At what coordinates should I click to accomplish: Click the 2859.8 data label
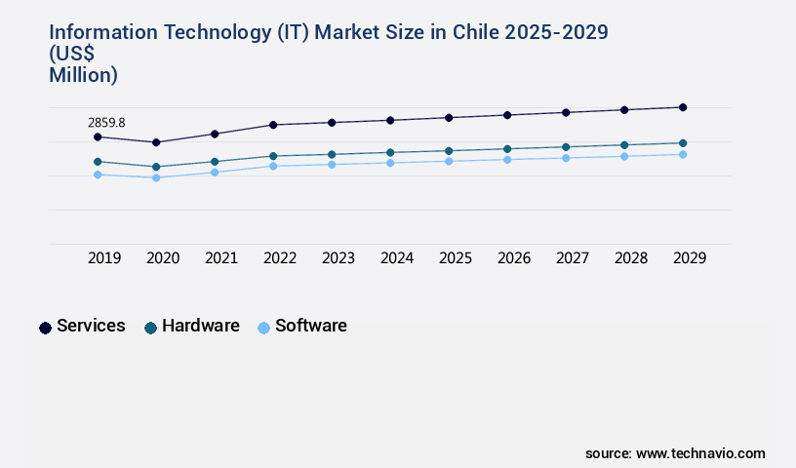click(x=106, y=123)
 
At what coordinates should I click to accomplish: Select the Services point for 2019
click(x=98, y=136)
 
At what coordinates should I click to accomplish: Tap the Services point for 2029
click(x=683, y=107)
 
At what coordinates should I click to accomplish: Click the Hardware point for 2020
click(x=156, y=167)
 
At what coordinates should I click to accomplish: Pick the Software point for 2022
click(x=273, y=166)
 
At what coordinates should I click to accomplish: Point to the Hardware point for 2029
click(x=683, y=143)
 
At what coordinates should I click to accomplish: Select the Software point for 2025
click(x=449, y=161)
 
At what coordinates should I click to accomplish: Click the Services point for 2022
click(x=273, y=125)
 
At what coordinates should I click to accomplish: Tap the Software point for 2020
click(x=156, y=177)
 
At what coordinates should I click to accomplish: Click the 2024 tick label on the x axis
click(x=397, y=258)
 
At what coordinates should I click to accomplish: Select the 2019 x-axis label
click(x=104, y=258)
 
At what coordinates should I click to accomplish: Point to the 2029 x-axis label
click(x=690, y=258)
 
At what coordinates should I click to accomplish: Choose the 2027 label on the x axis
click(x=573, y=258)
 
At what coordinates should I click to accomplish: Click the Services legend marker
click(x=45, y=328)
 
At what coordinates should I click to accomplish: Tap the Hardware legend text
click(x=200, y=326)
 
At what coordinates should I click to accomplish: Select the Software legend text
click(x=310, y=326)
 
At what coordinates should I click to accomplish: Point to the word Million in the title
click(x=83, y=74)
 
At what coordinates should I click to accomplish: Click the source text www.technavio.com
click(x=700, y=453)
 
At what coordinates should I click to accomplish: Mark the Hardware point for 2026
click(x=507, y=149)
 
